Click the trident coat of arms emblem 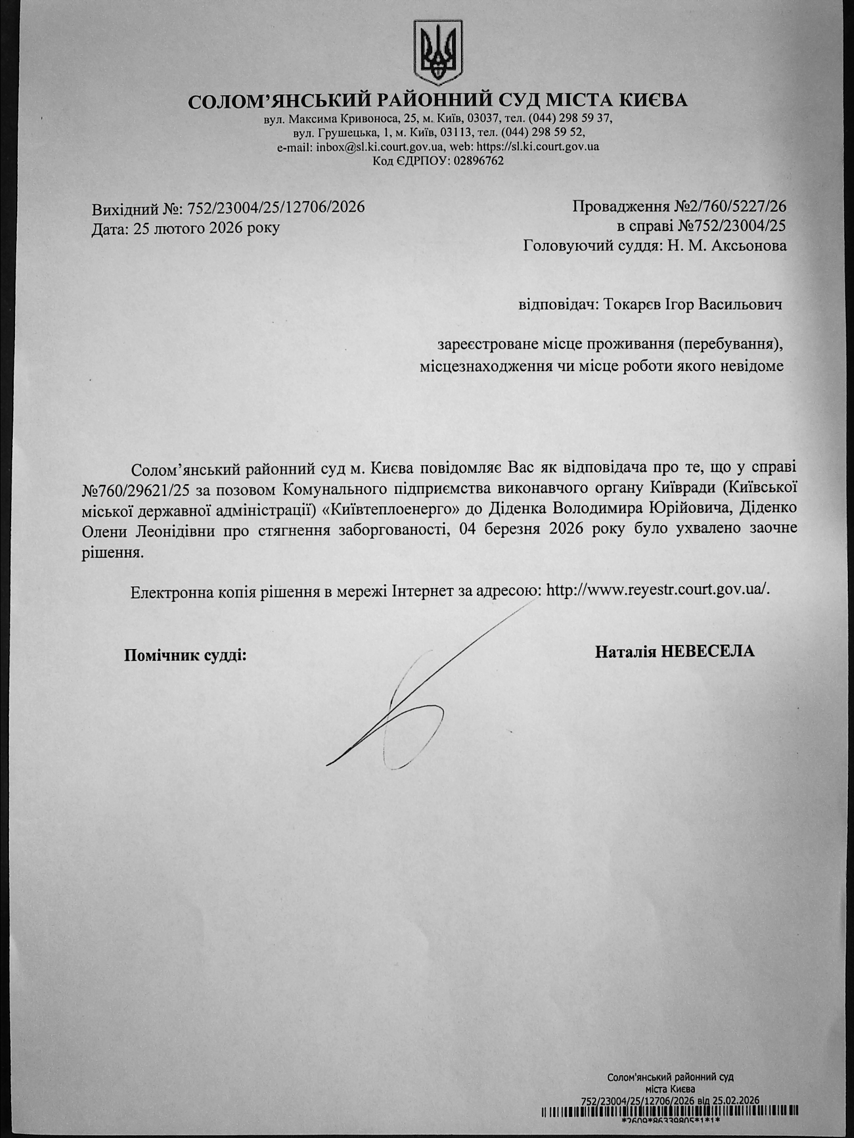coord(438,52)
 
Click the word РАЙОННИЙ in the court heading coord(431,101)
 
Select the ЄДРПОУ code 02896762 coord(479,161)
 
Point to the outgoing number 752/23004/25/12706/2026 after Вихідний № coord(276,207)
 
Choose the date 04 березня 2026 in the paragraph coord(525,528)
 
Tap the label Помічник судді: coord(185,656)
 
